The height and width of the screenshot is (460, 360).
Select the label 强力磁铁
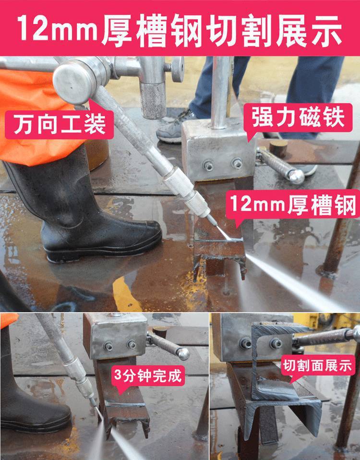click(298, 117)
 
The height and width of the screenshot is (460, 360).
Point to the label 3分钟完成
click(148, 375)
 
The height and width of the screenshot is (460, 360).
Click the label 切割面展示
click(317, 365)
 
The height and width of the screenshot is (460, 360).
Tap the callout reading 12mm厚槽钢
click(293, 204)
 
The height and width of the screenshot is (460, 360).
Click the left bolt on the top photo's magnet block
click(208, 166)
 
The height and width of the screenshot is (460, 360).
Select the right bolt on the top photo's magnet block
click(237, 163)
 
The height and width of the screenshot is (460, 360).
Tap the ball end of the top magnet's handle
click(296, 177)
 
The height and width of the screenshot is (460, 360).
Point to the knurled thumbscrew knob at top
click(178, 70)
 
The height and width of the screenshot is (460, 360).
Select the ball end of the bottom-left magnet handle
click(183, 353)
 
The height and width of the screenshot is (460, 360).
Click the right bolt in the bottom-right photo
click(276, 343)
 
